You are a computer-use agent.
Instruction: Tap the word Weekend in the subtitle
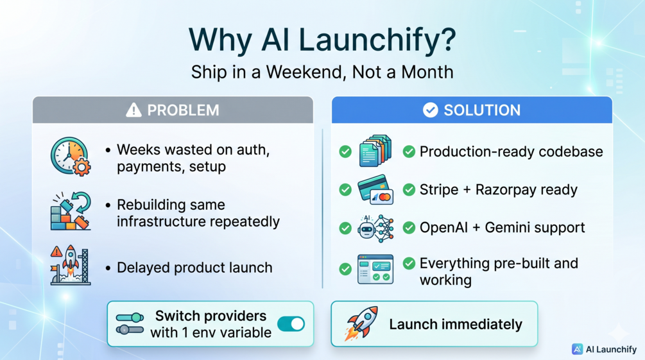point(304,73)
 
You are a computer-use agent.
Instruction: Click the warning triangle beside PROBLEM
point(133,110)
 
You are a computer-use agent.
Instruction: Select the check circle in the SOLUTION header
point(430,110)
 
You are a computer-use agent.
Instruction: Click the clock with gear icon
point(71,157)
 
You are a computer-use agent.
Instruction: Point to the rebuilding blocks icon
point(71,210)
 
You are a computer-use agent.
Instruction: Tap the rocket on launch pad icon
point(71,266)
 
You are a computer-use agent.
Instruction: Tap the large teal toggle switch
point(291,324)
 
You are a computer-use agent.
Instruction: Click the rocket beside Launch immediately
point(361,323)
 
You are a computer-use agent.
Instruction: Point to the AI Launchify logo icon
point(577,349)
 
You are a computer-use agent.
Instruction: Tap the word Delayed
point(144,268)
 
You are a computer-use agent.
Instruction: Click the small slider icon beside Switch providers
point(130,323)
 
